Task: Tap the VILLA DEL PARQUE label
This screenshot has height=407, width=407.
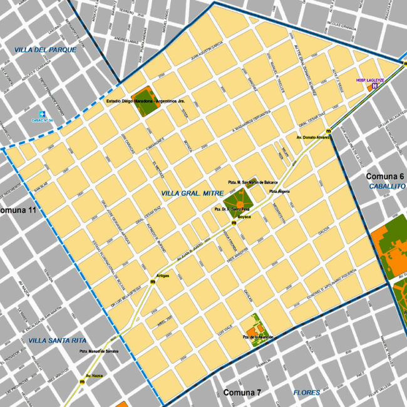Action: (x=46, y=49)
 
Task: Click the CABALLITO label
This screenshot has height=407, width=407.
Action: (x=387, y=187)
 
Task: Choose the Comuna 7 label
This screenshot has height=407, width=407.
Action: (x=242, y=393)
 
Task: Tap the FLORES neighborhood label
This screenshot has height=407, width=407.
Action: (x=307, y=393)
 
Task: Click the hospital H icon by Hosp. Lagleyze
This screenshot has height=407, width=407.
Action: (x=374, y=86)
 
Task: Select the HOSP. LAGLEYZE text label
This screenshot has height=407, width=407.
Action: (x=369, y=80)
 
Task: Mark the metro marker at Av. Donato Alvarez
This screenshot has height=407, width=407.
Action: (x=328, y=130)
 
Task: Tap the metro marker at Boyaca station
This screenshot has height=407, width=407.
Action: (x=234, y=223)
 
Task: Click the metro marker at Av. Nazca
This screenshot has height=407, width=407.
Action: (x=82, y=381)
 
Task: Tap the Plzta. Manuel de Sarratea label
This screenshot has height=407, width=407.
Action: (x=99, y=351)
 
